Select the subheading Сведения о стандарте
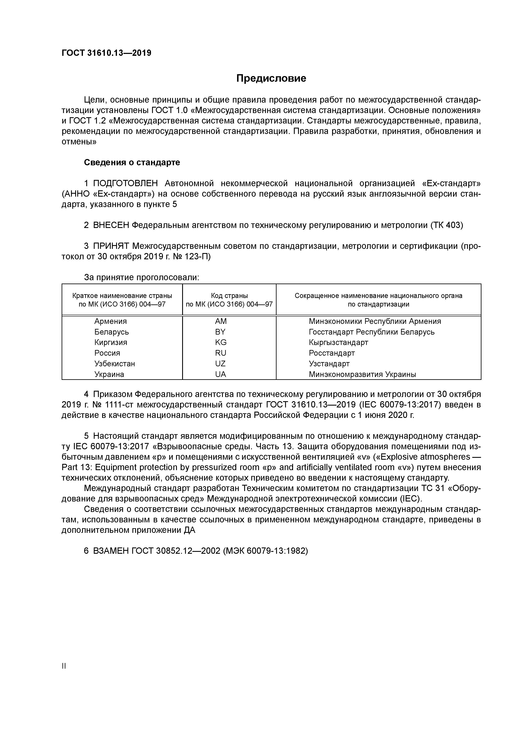coord(132,163)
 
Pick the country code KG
coord(221,342)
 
